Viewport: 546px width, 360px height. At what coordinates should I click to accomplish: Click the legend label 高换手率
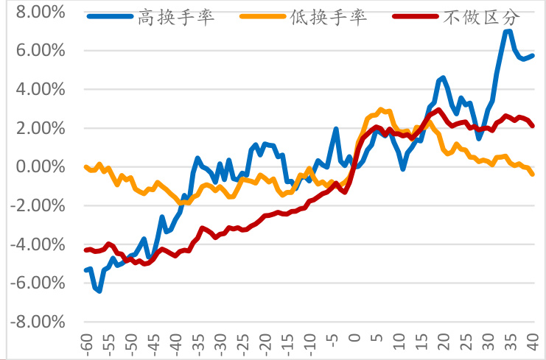click(x=177, y=17)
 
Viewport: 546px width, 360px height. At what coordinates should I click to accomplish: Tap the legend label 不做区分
click(x=480, y=17)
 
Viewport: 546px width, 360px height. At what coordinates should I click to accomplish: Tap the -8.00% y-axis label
click(x=40, y=322)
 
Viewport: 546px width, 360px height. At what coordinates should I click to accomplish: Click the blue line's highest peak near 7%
click(x=508, y=31)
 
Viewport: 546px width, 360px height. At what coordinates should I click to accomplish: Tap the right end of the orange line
click(x=533, y=174)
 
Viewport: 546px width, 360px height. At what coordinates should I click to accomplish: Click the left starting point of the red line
click(x=86, y=250)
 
